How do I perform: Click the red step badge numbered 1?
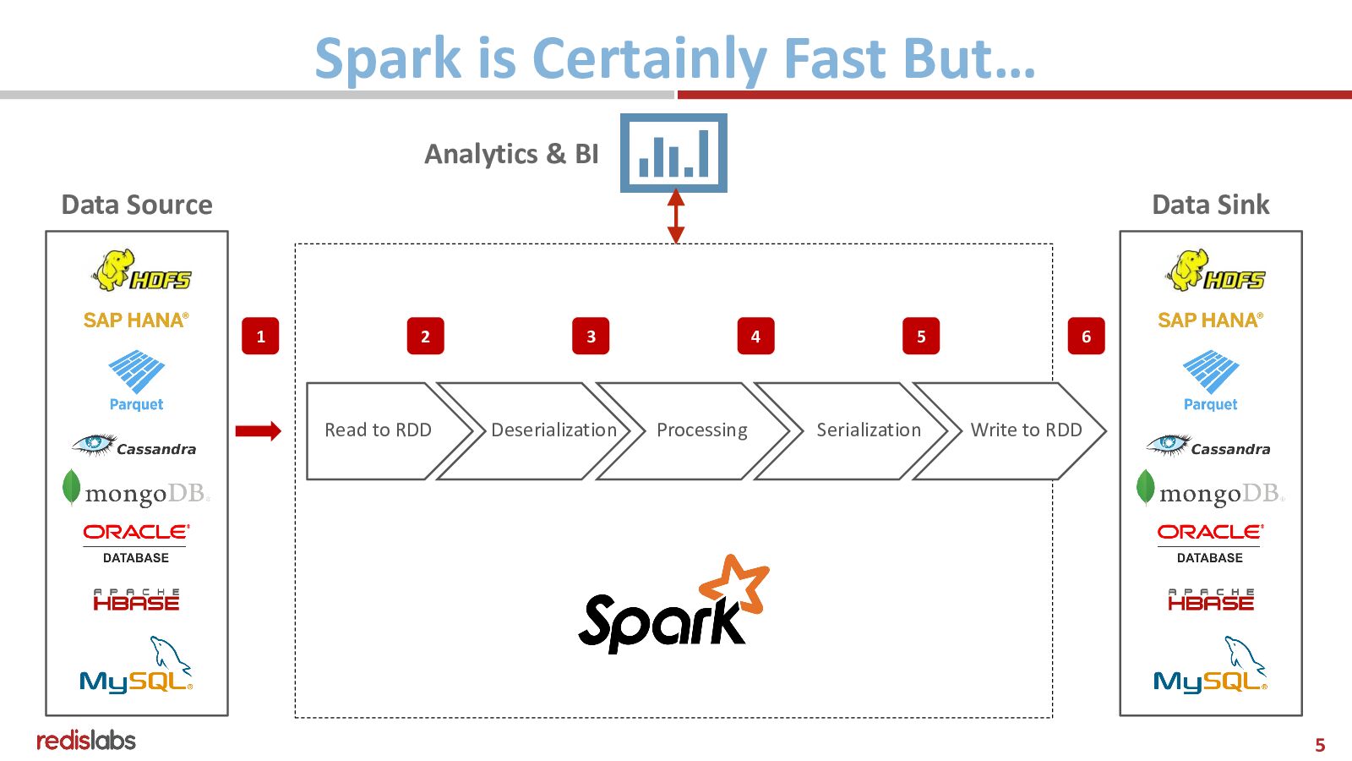(x=260, y=337)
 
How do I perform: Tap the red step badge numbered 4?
(x=755, y=337)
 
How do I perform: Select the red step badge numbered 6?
(x=1086, y=337)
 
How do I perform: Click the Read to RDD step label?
(x=378, y=430)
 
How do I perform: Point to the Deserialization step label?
(x=553, y=430)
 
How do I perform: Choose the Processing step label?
(x=701, y=430)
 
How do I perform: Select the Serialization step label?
(x=868, y=430)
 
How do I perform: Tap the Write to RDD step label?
(x=1026, y=430)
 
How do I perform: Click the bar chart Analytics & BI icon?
(x=673, y=153)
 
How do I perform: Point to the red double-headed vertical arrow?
(x=675, y=216)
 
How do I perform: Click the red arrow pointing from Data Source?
(x=258, y=431)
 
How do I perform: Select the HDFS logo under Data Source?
(x=141, y=271)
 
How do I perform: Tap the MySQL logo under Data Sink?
(x=1210, y=666)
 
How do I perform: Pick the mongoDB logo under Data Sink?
(x=1210, y=490)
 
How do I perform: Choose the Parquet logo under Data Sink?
(x=1210, y=380)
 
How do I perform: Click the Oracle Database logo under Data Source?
(x=136, y=542)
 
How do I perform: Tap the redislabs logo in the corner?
(x=85, y=741)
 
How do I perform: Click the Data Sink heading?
(x=1210, y=205)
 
